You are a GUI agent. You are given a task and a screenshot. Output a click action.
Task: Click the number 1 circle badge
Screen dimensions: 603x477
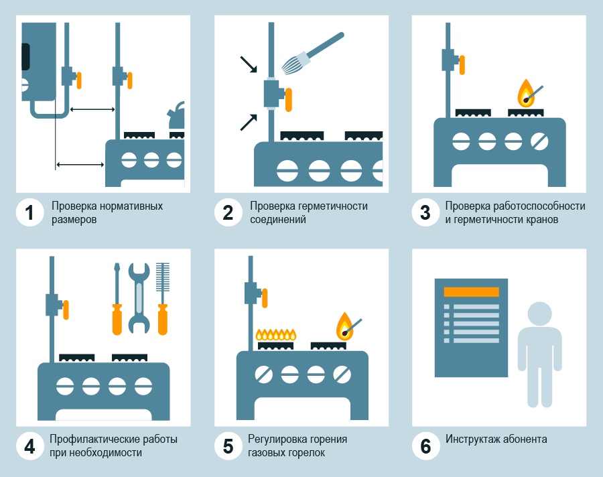tap(29, 212)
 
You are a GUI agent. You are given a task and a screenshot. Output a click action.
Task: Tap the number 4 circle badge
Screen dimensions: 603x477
tap(29, 446)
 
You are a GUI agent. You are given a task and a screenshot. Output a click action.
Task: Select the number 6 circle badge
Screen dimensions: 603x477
tap(425, 446)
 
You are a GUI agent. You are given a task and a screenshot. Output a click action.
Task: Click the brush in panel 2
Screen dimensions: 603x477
tap(312, 53)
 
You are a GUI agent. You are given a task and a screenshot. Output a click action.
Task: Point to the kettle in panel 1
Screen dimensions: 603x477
tap(176, 115)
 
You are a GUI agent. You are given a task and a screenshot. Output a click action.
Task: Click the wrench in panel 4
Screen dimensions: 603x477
tap(139, 298)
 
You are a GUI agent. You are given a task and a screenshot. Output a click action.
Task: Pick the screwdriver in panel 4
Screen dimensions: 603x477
tap(117, 299)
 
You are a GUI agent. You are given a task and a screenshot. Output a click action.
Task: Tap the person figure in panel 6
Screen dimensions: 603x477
tap(539, 354)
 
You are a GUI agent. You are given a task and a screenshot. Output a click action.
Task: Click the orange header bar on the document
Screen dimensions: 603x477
tap(471, 292)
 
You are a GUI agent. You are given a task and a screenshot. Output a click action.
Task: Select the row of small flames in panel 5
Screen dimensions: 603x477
tap(276, 335)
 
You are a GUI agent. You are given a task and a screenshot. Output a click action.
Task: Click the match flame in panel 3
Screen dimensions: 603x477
tap(526, 94)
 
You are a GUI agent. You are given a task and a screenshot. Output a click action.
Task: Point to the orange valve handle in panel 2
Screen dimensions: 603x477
tap(288, 100)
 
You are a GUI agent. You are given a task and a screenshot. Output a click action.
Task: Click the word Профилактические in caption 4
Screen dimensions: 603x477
tap(94, 439)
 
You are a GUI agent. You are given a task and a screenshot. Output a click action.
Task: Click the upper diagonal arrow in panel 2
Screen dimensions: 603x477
tap(249, 64)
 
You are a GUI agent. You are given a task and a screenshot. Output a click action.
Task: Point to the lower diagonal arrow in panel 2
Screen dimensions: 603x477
tap(249, 123)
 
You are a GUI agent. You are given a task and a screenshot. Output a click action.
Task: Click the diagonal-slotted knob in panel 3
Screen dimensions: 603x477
tap(539, 141)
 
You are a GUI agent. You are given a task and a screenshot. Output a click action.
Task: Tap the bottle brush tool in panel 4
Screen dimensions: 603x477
tap(163, 299)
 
